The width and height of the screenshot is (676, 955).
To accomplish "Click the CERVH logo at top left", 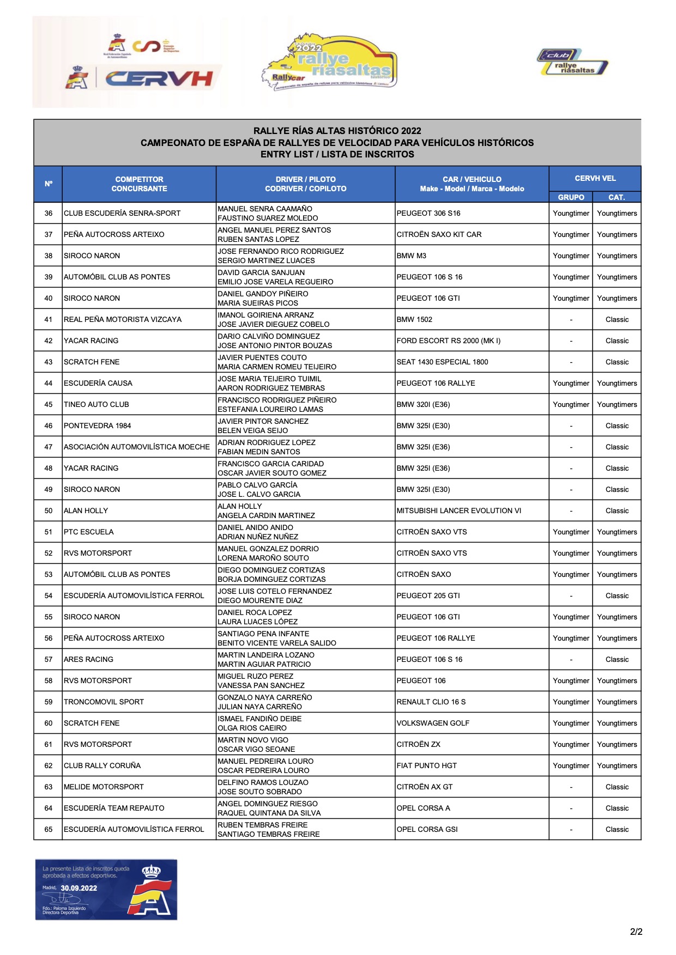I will tap(158, 79).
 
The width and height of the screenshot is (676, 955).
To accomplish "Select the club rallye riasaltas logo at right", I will tap(572, 62).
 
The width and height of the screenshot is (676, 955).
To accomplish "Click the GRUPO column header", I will tap(571, 197).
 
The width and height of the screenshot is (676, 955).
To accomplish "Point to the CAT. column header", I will tap(617, 197).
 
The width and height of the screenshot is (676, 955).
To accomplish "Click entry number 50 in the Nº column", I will tap(49, 510).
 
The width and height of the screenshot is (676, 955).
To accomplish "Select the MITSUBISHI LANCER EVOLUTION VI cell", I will tap(458, 510).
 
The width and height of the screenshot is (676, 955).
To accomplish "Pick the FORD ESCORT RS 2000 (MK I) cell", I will tap(448, 340).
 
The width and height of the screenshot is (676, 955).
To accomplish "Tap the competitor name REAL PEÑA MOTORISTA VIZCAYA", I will tap(123, 319).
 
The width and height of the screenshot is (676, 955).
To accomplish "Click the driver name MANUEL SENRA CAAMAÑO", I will tap(265, 209).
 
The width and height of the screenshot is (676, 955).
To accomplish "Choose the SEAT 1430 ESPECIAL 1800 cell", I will tap(442, 362).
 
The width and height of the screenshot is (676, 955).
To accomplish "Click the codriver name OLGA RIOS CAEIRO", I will tap(252, 728).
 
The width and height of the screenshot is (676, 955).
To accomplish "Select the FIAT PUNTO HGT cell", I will tap(426, 765).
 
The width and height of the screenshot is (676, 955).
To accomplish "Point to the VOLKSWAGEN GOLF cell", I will tap(433, 723).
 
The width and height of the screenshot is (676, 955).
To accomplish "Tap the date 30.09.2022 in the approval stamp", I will tap(79, 888).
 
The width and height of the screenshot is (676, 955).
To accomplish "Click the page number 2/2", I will tap(636, 932).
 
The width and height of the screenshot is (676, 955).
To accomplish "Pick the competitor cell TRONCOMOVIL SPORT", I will tap(104, 702).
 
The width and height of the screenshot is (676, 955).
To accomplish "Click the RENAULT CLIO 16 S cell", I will tap(431, 702).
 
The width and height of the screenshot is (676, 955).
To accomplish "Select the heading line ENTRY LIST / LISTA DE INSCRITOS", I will tap(337, 154).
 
